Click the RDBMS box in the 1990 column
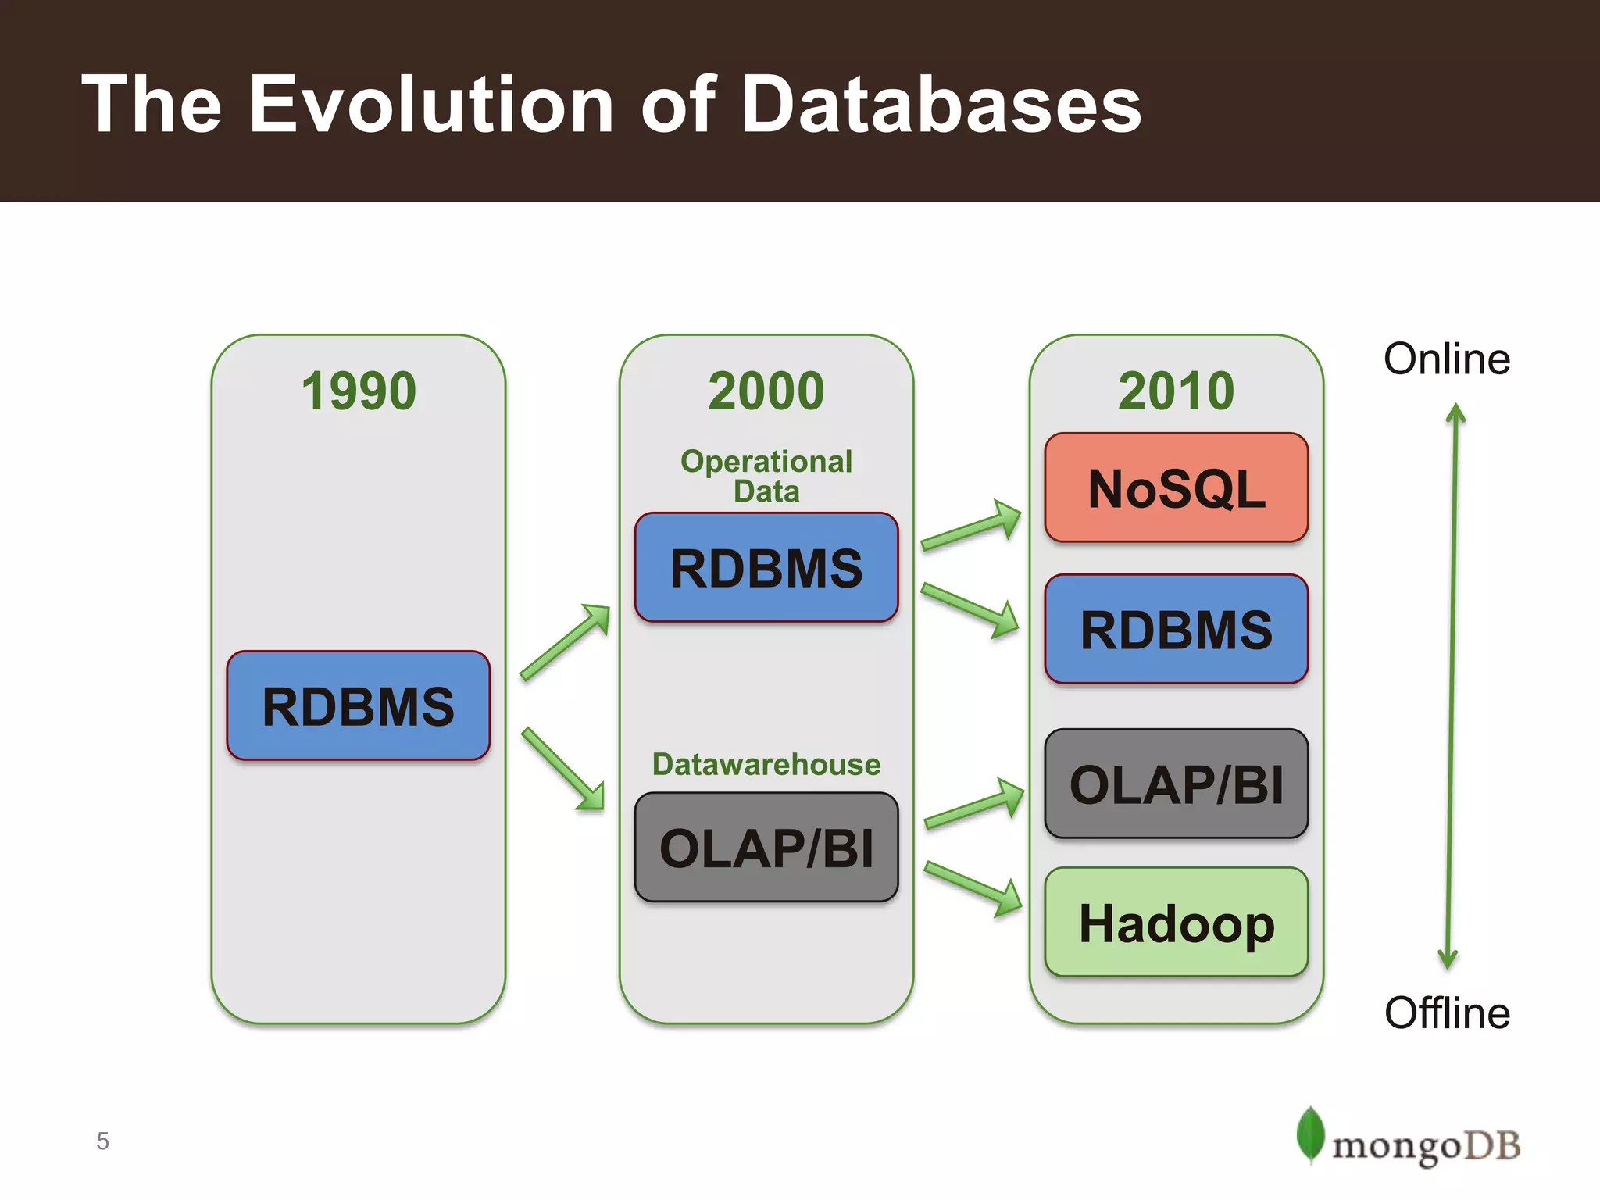click(358, 705)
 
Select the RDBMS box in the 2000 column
click(766, 567)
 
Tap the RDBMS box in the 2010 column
click(1176, 629)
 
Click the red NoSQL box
click(1176, 487)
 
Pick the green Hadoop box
click(1176, 922)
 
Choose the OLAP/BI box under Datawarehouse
click(766, 848)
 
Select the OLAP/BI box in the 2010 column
click(1176, 784)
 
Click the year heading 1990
click(359, 391)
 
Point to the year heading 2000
click(766, 391)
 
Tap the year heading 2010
click(1176, 391)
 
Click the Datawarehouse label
click(766, 764)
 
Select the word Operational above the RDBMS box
click(766, 461)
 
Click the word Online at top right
click(1446, 359)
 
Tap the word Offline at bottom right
click(1446, 1013)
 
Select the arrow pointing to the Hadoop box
click(973, 889)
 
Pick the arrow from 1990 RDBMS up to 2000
click(565, 641)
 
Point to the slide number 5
click(102, 1141)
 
